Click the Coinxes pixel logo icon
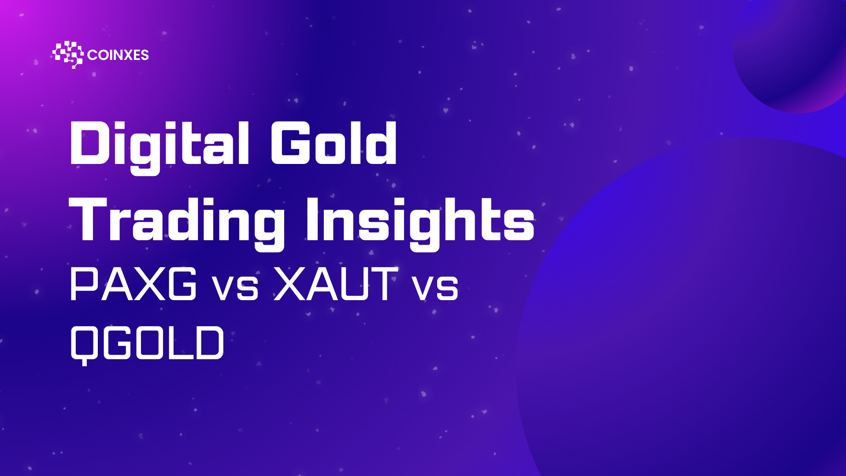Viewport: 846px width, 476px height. point(68,55)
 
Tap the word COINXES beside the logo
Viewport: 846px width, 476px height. point(118,55)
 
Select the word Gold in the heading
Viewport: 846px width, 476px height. point(334,143)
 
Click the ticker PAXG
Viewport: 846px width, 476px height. point(133,284)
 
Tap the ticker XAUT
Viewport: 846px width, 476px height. point(336,284)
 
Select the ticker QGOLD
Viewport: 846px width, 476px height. point(147,344)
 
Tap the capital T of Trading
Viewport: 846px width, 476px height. point(88,219)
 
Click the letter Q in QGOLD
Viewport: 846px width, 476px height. point(85,346)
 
